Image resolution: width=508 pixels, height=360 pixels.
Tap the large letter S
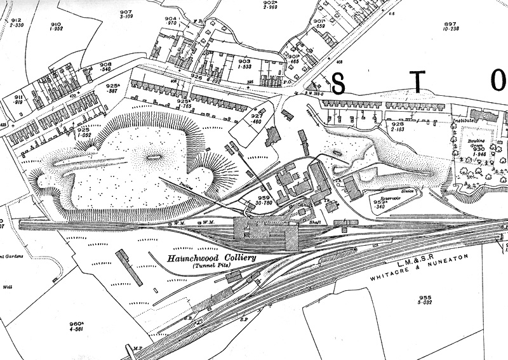point(339,83)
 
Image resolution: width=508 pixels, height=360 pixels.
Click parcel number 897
point(450,24)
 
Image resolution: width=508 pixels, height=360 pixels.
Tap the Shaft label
point(315,222)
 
